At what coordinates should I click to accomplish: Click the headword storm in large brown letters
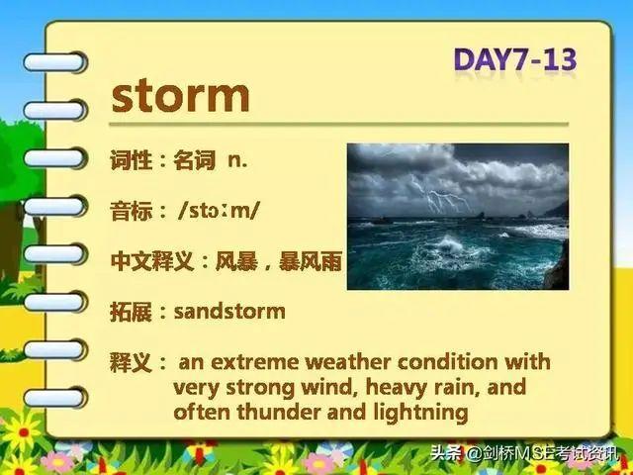(180, 97)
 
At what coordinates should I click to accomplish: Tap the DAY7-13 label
(515, 60)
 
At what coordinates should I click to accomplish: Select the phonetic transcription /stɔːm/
(219, 211)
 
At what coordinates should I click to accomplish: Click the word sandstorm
(229, 312)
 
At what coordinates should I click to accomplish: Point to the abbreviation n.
(237, 160)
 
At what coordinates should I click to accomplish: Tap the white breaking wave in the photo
(450, 244)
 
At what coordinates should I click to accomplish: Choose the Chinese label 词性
(131, 160)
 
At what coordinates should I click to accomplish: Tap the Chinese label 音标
(131, 211)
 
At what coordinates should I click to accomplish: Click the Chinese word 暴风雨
(311, 261)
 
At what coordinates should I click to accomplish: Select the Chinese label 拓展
(131, 312)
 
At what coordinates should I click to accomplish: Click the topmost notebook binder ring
(55, 62)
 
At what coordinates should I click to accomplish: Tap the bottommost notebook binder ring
(55, 398)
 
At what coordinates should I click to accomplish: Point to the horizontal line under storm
(338, 124)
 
